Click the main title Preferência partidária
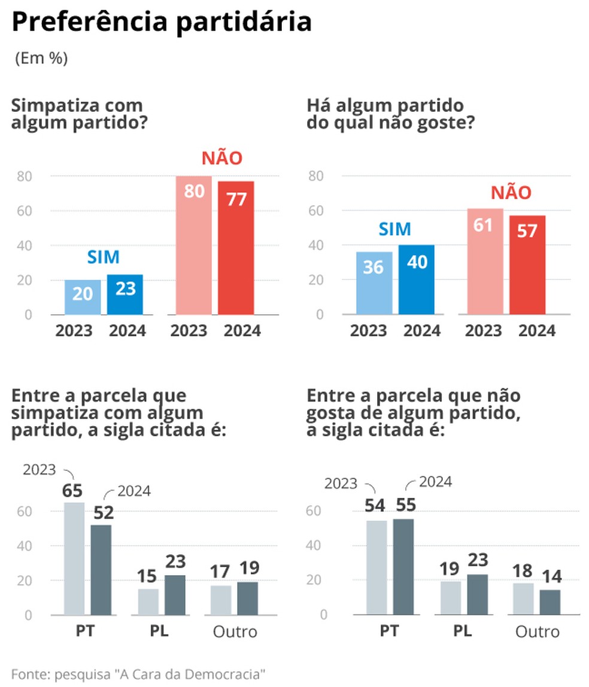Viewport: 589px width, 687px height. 162,23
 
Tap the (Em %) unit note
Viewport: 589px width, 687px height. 41,59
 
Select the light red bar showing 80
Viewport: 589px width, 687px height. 194,245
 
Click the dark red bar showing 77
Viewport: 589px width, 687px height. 236,248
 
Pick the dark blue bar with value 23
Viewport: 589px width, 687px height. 125,294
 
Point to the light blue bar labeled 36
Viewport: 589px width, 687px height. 375,283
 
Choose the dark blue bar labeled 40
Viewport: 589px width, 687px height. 417,280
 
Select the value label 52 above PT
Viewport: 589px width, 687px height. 101,512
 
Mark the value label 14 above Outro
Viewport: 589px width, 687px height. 550,577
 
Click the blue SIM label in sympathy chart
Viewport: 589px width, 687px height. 103,257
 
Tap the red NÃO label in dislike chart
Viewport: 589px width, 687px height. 511,193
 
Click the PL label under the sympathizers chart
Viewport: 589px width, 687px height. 159,631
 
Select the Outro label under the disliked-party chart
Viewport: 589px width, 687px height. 538,631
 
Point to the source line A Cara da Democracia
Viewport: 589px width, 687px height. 138,673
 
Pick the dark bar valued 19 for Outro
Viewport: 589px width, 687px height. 247,598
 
